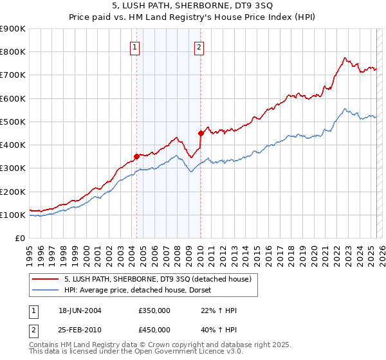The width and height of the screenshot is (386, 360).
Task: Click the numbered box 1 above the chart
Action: click(x=135, y=46)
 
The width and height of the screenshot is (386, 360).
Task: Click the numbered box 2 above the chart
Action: click(x=199, y=46)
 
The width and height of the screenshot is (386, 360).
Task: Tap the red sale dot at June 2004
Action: click(x=136, y=156)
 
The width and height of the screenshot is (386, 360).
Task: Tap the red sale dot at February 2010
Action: click(x=201, y=133)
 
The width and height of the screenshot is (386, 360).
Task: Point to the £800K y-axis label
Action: click(x=12, y=52)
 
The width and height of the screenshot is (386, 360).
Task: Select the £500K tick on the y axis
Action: click(x=12, y=122)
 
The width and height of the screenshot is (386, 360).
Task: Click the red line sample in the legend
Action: click(x=46, y=278)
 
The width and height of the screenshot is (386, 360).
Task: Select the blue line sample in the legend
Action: click(x=46, y=290)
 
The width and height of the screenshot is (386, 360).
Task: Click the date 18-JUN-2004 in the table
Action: click(x=80, y=310)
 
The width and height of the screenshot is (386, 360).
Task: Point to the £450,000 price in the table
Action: click(x=154, y=329)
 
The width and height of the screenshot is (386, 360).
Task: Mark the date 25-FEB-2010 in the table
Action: click(x=80, y=329)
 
